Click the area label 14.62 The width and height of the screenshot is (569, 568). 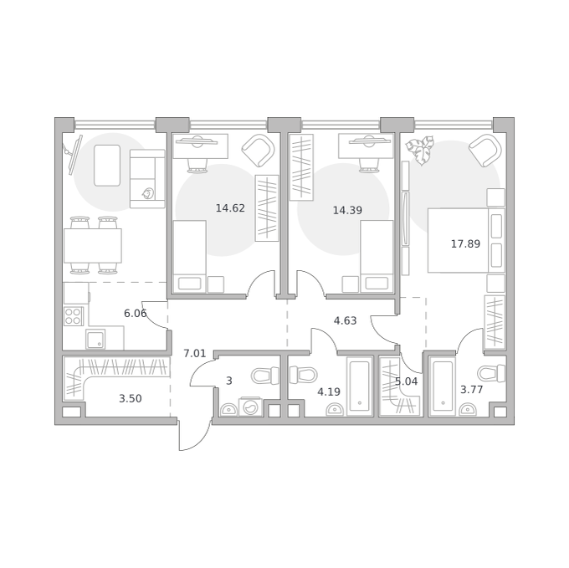click(x=230, y=208)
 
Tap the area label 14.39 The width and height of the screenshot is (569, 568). click(x=347, y=210)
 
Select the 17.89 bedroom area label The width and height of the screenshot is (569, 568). click(x=465, y=243)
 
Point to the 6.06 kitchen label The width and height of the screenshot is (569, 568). click(x=135, y=314)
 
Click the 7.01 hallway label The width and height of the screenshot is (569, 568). click(x=194, y=353)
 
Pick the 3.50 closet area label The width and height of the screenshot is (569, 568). click(x=131, y=399)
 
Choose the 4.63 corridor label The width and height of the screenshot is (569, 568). click(x=345, y=320)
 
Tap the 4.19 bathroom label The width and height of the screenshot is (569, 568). click(x=329, y=391)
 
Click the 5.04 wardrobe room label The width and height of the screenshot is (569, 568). click(x=406, y=381)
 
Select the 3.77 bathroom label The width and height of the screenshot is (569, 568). click(x=471, y=390)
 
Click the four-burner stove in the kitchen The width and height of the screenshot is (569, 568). click(x=74, y=316)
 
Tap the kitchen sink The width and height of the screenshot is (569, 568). click(x=95, y=339)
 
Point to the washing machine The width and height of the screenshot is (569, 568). click(x=250, y=407)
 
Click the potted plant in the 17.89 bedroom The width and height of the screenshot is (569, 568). click(x=420, y=150)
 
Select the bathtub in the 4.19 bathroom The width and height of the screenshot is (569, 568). click(x=360, y=386)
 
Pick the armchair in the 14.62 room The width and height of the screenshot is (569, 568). click(x=258, y=151)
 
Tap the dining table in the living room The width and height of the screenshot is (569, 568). click(x=93, y=246)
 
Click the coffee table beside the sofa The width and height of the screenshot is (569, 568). click(x=107, y=166)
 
